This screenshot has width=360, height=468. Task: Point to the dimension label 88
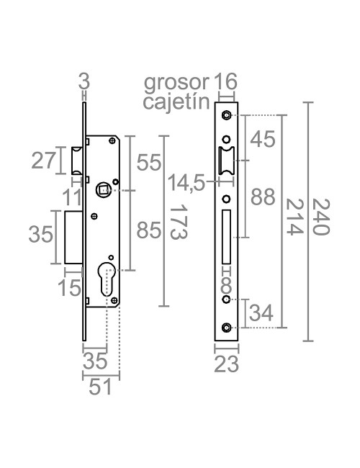click(x=265, y=199)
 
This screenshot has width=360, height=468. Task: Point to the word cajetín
click(x=176, y=103)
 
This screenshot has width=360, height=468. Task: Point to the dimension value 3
click(x=84, y=84)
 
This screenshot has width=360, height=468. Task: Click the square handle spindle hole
click(x=103, y=190)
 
